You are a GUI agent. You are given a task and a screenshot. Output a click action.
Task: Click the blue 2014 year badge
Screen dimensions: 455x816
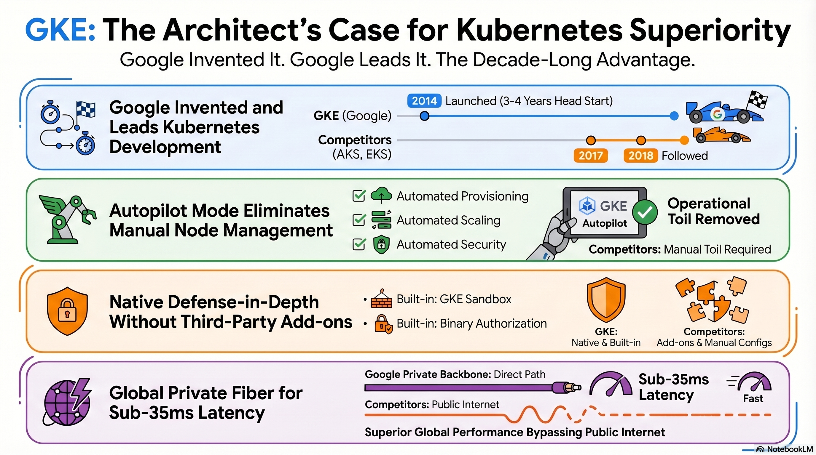coord(424,101)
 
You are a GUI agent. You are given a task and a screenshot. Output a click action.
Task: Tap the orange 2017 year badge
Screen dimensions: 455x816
coord(590,156)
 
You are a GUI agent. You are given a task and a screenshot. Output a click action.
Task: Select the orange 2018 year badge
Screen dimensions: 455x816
coord(640,156)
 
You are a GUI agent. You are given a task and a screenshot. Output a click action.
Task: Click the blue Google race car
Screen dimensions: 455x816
coord(724,112)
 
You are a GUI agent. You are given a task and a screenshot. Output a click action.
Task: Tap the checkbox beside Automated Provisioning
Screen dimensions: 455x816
coord(359,196)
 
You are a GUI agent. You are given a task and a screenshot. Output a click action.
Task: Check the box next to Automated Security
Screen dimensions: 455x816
coord(359,244)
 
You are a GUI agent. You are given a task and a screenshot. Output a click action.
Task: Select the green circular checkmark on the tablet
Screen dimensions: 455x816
coord(645,212)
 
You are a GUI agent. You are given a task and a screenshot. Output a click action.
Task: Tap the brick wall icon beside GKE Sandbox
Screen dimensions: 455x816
coord(381,299)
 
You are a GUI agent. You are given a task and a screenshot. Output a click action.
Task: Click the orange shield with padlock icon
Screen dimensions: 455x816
coord(67,311)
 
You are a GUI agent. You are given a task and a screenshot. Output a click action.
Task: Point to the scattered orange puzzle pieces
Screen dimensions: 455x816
coord(713,301)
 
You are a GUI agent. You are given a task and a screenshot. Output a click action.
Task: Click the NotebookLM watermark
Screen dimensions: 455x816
coord(785,449)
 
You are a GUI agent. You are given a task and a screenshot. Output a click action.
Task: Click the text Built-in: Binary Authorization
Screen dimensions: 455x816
coord(471,323)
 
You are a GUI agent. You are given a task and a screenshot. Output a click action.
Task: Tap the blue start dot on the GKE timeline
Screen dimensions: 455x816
coord(425,116)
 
